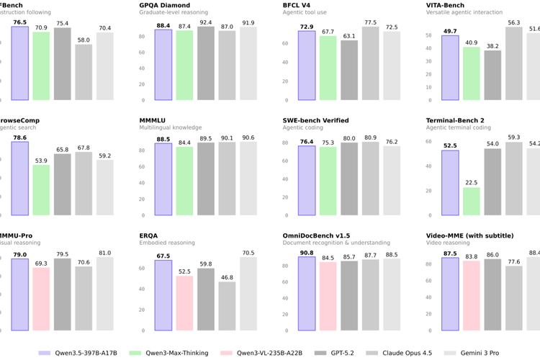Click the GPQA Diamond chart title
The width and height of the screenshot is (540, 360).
(165, 5)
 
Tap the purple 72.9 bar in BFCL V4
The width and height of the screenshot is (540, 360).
(307, 66)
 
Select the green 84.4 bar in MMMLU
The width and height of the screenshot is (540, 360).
(184, 181)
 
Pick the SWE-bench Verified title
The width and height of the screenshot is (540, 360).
(316, 120)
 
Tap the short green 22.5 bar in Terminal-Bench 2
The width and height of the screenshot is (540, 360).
(472, 201)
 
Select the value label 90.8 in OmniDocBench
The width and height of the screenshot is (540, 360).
(307, 252)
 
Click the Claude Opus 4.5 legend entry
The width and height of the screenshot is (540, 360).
(400, 353)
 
